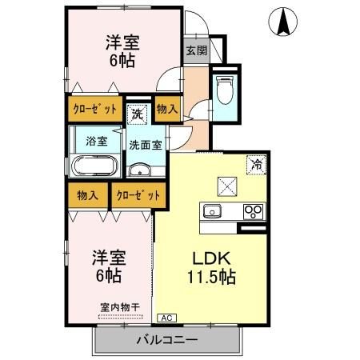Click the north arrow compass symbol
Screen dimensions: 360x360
pos(284,22)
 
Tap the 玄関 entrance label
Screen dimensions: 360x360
pos(196,50)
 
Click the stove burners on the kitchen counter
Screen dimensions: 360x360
pos(254,212)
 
